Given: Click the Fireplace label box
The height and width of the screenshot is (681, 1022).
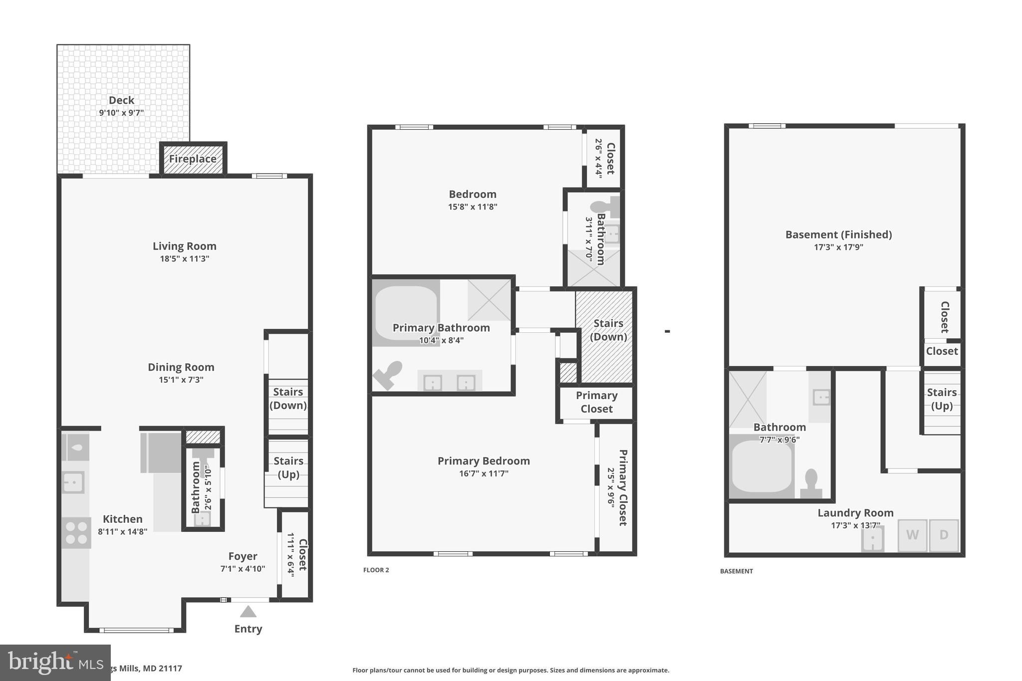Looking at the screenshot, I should (x=193, y=159).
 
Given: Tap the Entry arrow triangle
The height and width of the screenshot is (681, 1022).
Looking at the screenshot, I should (x=248, y=612).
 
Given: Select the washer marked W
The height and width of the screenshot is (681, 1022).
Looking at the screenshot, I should (x=912, y=535).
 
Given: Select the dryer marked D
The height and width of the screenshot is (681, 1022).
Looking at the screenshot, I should (x=944, y=535).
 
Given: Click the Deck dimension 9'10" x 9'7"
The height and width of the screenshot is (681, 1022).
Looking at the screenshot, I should (x=121, y=113).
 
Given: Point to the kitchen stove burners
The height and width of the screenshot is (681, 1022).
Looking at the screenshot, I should (x=76, y=533).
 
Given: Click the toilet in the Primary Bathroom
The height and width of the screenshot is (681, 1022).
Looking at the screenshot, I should (x=389, y=374).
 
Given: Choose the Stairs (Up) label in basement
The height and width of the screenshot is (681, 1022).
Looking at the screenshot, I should (x=942, y=399).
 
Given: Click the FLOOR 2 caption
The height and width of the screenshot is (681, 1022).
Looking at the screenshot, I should (x=376, y=570).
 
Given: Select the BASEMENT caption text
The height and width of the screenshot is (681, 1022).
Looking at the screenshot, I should (x=736, y=571).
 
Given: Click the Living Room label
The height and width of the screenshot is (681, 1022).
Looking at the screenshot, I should (x=184, y=246).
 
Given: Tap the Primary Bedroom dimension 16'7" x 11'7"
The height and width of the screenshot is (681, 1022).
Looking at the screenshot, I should (x=484, y=473).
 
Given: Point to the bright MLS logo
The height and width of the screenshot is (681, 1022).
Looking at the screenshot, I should (x=55, y=663).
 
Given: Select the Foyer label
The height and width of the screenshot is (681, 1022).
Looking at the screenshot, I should (x=243, y=556).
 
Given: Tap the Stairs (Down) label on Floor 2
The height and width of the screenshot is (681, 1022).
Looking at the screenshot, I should (x=608, y=330).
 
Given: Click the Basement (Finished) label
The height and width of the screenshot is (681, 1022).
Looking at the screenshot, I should (x=838, y=234).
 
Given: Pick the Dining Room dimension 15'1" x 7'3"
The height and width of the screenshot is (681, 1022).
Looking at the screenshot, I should (x=181, y=380).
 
